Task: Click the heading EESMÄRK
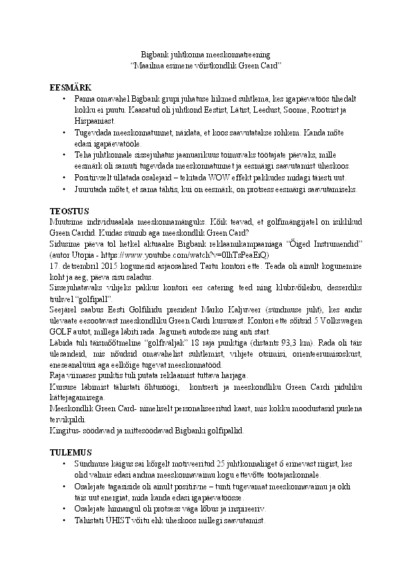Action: click(x=71, y=88)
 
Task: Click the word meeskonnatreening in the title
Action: click(x=244, y=53)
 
